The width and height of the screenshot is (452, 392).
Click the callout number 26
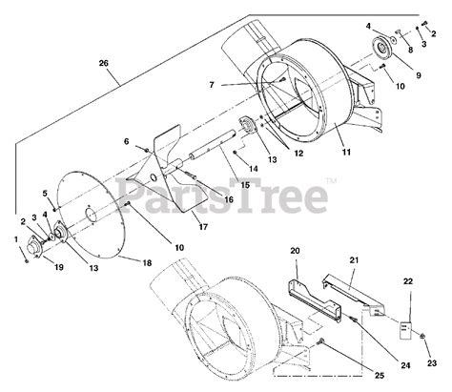[x=104, y=63]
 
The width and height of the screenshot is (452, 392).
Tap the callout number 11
[x=346, y=153]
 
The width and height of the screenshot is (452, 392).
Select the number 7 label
[x=212, y=85]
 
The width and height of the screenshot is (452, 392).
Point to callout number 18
[x=147, y=263]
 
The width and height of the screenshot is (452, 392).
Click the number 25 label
[x=380, y=376]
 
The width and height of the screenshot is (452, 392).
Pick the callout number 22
[x=408, y=281]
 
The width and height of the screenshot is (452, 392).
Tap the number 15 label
[x=245, y=185]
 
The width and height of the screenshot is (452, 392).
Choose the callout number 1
[x=16, y=239]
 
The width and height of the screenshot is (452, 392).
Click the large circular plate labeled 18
[x=92, y=213]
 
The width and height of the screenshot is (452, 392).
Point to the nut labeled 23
[x=422, y=336]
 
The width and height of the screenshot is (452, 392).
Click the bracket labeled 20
[x=315, y=300]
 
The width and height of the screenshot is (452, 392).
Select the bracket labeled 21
[x=354, y=295]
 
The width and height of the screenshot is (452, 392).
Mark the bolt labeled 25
[x=321, y=342]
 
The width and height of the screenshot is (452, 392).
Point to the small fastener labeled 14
[x=235, y=154]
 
